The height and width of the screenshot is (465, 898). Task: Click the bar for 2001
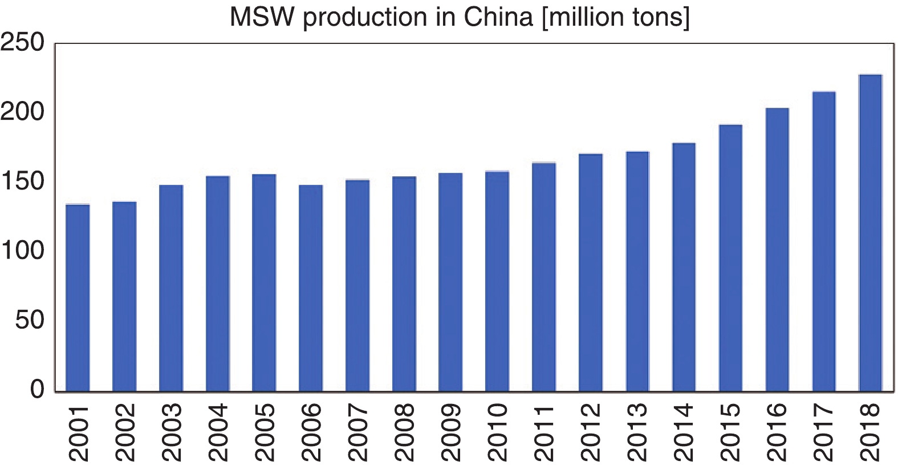click(x=78, y=297)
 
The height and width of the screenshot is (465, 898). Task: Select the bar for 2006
click(x=311, y=288)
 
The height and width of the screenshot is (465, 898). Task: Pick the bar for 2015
click(x=730, y=258)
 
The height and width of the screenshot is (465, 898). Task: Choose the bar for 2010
click(x=497, y=281)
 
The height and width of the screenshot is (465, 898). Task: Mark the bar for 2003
click(x=171, y=288)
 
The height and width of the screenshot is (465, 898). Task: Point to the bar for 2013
click(x=637, y=272)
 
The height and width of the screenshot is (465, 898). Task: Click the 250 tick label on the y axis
click(x=23, y=43)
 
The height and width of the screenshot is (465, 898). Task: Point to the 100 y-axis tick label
click(x=23, y=250)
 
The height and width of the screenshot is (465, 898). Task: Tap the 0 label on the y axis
click(x=37, y=389)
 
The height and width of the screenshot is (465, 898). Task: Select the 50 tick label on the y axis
click(x=30, y=320)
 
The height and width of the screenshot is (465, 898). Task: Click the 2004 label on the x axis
click(x=218, y=432)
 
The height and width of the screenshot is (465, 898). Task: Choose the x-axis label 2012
click(x=591, y=432)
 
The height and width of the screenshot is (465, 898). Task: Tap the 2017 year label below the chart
click(x=824, y=432)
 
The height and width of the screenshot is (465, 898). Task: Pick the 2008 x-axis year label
click(x=404, y=432)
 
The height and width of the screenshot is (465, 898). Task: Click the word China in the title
click(x=498, y=17)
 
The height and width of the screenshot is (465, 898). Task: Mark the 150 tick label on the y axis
click(x=23, y=181)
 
